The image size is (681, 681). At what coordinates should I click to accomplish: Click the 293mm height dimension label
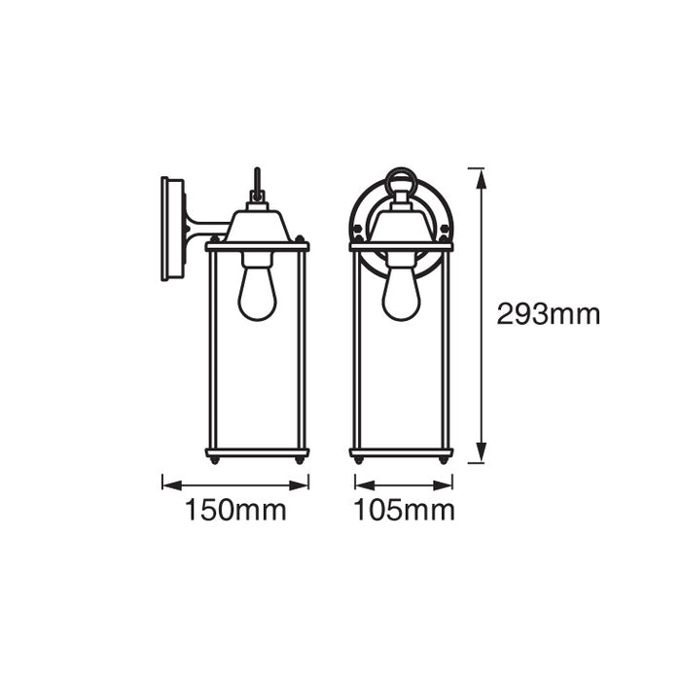click(x=548, y=314)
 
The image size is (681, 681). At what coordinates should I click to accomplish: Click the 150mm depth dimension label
click(x=235, y=511)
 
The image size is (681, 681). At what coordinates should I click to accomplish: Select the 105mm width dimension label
click(x=404, y=511)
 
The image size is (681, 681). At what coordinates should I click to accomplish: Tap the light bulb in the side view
click(x=257, y=293)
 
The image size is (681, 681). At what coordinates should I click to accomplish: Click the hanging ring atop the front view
click(x=400, y=182)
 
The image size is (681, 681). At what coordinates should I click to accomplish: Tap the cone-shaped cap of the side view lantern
click(x=257, y=226)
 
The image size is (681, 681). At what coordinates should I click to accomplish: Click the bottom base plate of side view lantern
click(x=257, y=452)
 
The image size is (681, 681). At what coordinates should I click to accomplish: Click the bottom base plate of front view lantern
click(x=401, y=452)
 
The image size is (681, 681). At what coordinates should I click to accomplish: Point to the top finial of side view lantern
click(x=257, y=185)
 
